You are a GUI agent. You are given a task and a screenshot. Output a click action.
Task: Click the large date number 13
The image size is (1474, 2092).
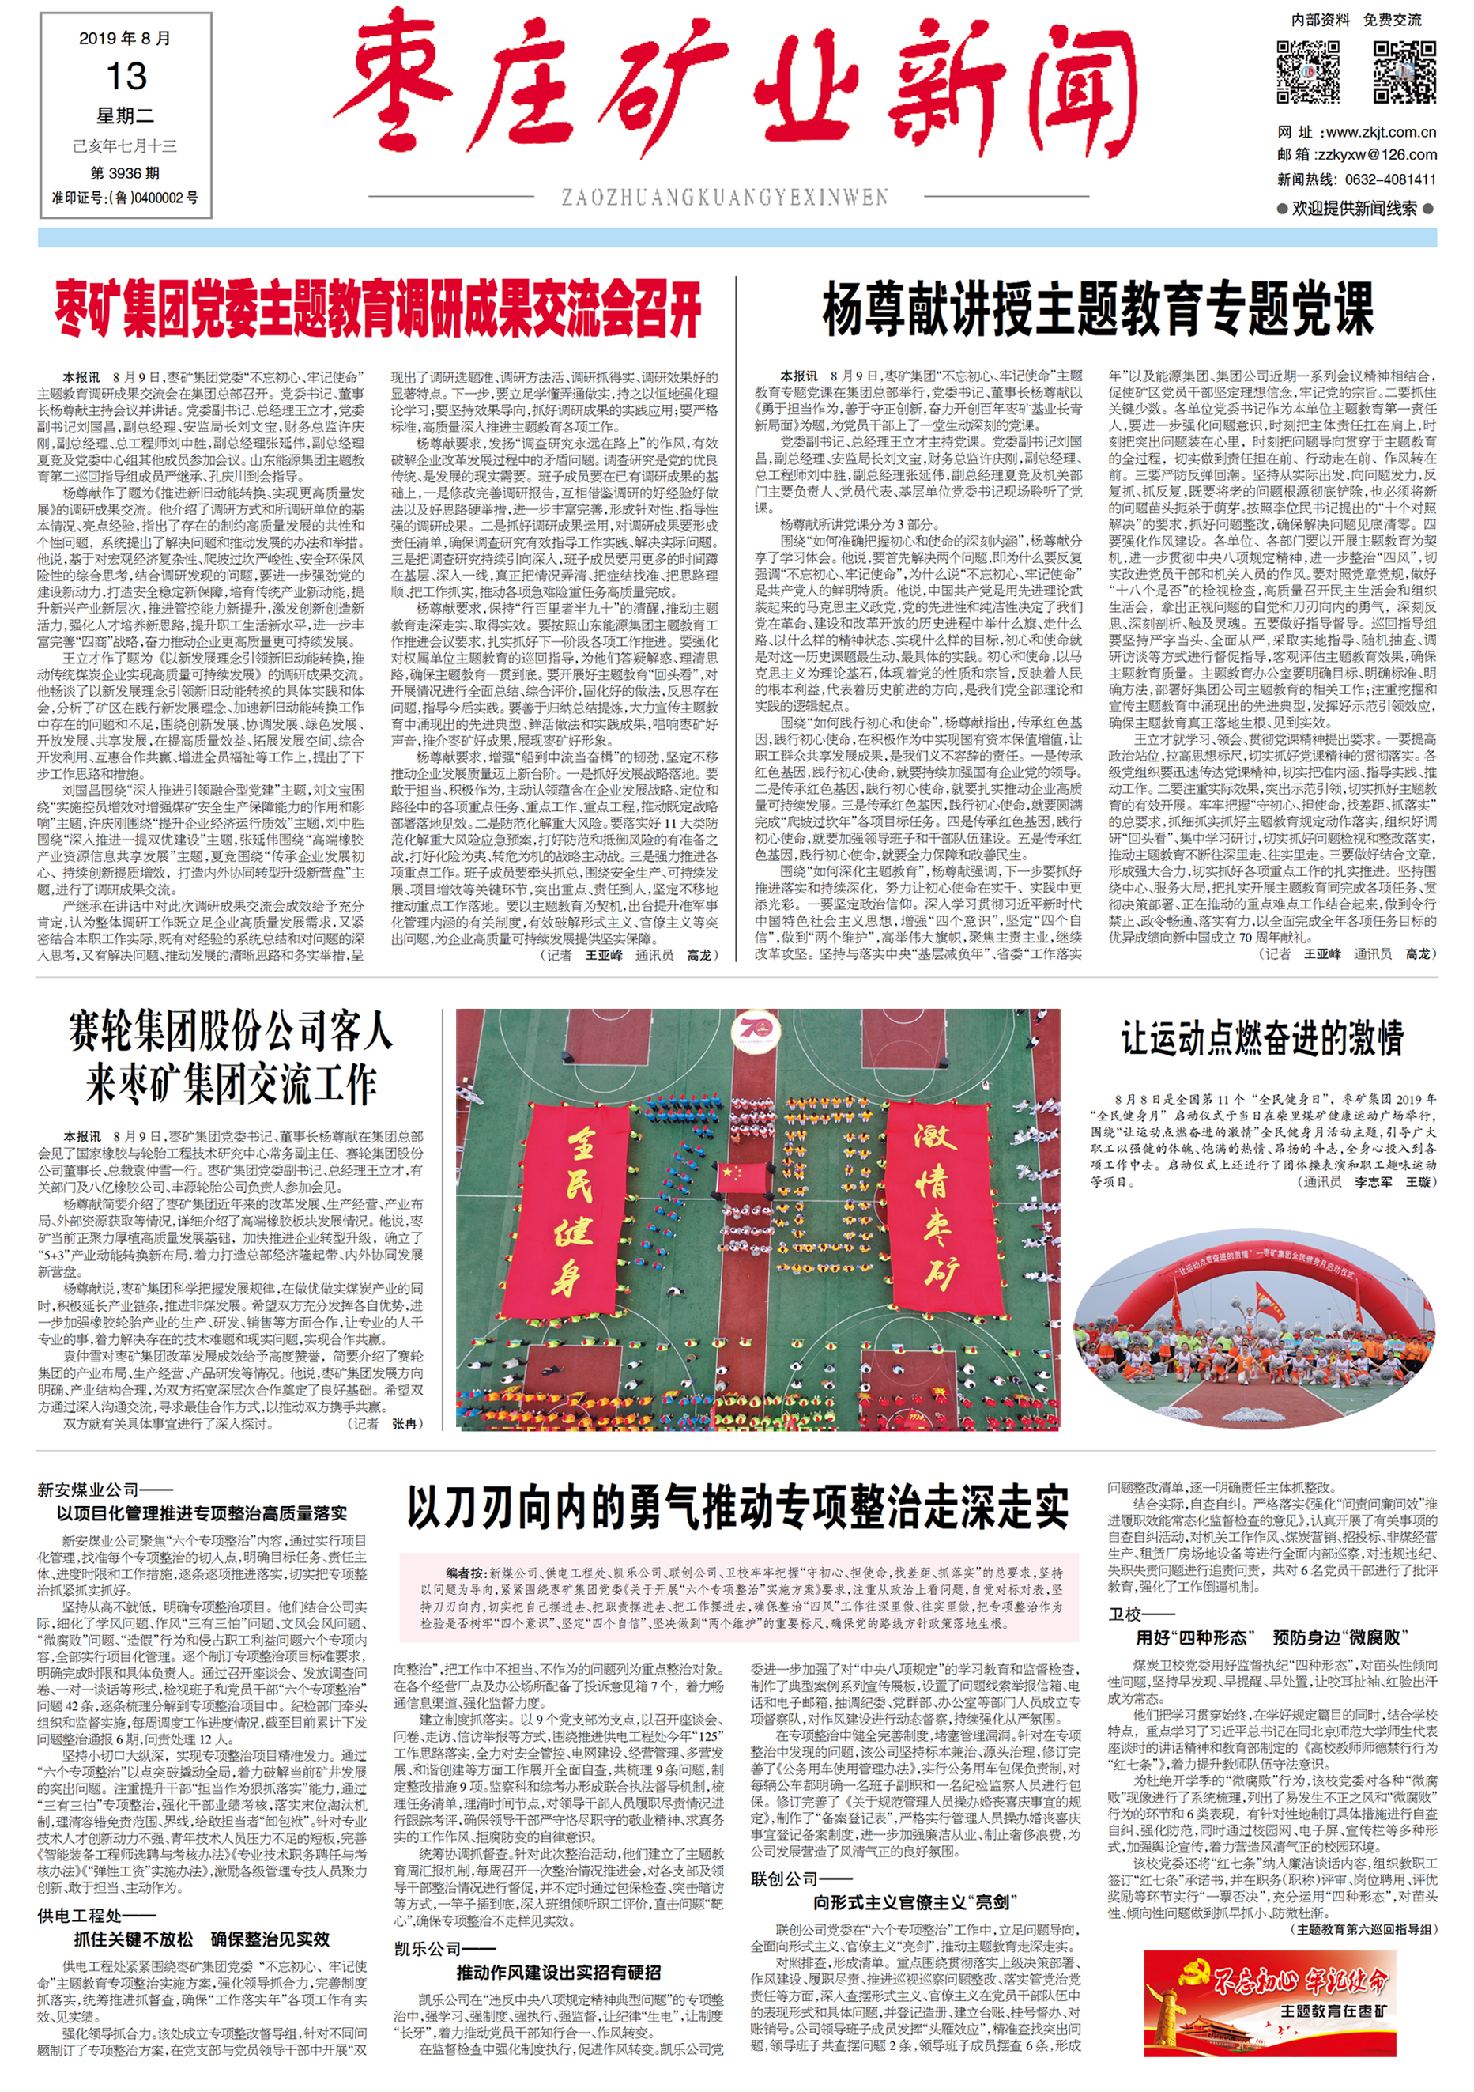click(126, 77)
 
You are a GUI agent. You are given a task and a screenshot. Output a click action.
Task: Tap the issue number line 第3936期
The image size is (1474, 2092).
click(125, 172)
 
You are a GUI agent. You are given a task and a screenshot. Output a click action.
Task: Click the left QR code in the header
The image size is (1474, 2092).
click(1308, 72)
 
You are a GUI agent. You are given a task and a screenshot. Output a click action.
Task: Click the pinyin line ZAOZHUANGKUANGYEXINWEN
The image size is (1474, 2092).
click(724, 197)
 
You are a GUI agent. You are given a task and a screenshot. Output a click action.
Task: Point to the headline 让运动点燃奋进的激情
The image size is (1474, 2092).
click(1261, 1039)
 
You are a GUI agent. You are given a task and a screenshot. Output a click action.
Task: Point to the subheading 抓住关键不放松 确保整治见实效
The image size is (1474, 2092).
click(202, 1939)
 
